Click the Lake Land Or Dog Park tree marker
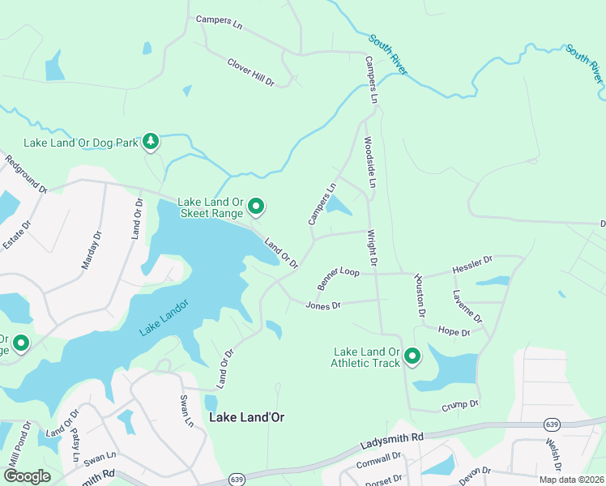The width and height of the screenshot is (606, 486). point(151,143)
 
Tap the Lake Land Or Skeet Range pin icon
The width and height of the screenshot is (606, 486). point(256,207)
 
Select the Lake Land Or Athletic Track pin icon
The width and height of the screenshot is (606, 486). point(412,356)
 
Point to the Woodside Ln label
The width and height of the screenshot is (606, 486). point(369,162)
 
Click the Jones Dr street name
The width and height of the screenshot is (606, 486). point(323,305)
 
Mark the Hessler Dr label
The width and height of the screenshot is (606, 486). point(472,264)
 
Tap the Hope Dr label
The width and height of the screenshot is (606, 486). point(453,332)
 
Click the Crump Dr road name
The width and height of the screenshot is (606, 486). point(460,403)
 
